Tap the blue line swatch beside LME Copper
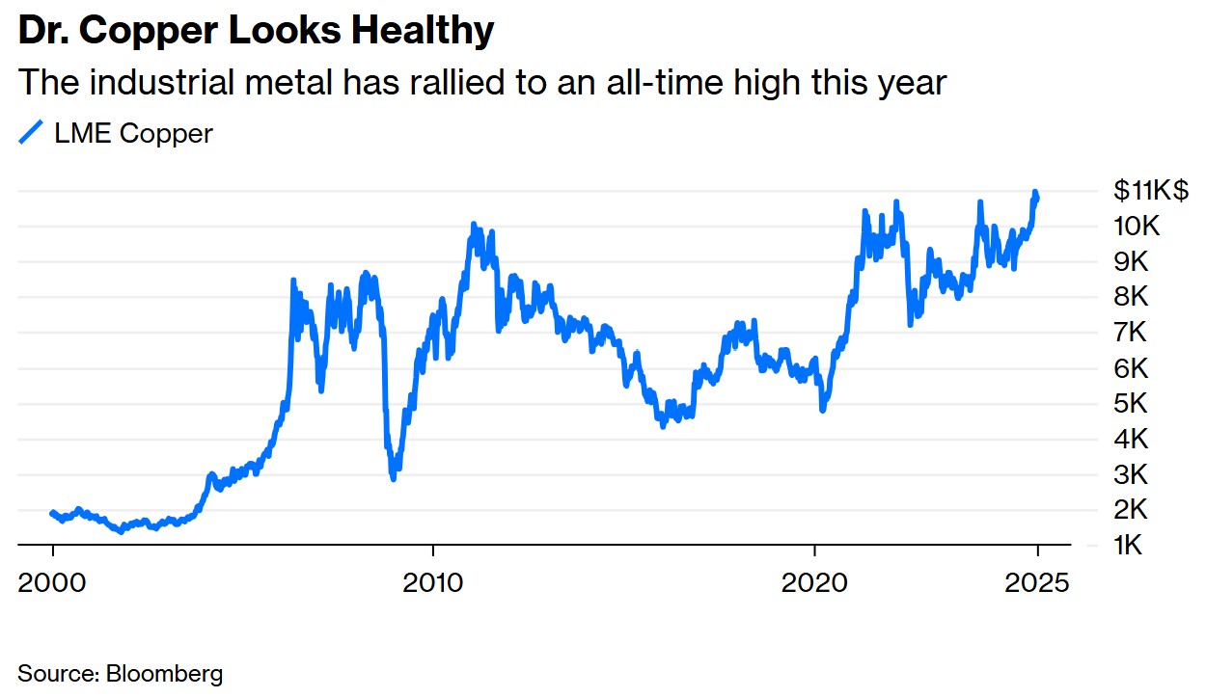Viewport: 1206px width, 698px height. [32, 133]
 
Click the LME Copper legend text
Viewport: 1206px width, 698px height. [133, 133]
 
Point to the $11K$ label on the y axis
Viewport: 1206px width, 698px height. [1151, 190]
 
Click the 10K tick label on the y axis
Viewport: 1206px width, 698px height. [1137, 227]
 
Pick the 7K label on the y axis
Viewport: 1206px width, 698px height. [1130, 333]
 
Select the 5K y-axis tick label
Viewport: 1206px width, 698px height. [1130, 403]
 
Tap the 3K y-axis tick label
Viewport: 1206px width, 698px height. [1130, 474]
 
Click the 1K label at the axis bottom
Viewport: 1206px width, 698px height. [1130, 546]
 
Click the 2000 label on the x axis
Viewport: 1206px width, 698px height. [51, 582]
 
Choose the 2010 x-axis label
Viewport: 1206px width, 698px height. [433, 582]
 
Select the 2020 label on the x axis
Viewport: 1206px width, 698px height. [814, 582]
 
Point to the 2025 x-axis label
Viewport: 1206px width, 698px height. [1037, 582]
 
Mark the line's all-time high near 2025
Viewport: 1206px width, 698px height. [1035, 193]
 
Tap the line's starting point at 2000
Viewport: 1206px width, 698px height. [52, 513]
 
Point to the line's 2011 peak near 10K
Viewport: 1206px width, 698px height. [473, 226]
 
